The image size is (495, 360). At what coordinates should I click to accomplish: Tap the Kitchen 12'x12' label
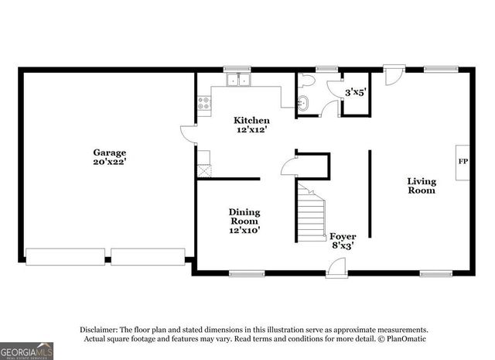coord(252,125)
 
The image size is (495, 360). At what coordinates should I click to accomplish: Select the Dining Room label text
coord(244,220)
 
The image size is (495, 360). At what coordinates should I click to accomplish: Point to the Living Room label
coord(422,186)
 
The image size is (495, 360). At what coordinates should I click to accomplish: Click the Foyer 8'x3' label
coord(343,240)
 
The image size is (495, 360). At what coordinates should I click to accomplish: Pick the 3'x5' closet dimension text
coord(355,91)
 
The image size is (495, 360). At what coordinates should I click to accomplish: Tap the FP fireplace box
coord(463,162)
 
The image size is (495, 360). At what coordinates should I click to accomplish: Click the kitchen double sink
coord(238,79)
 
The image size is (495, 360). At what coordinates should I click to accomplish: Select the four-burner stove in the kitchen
coord(204,104)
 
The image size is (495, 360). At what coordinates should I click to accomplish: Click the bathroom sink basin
coord(304,103)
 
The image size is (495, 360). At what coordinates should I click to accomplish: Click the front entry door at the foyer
coord(336,268)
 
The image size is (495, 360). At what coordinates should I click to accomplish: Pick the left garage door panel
coord(65,256)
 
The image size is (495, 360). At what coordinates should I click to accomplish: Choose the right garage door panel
coord(148,256)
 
